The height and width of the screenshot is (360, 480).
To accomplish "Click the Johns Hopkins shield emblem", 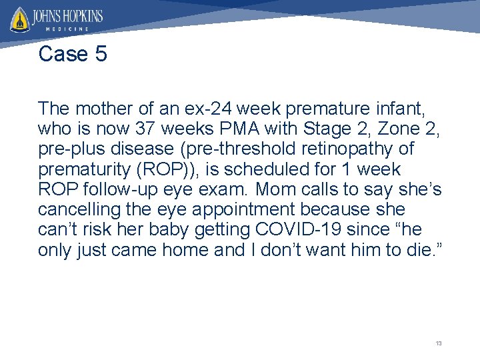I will pos(19,19).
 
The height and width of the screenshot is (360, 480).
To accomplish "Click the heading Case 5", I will pos(73,54).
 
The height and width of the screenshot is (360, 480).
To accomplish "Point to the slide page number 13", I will pos(438,343).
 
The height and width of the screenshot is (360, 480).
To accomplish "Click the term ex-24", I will pos(216,107).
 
